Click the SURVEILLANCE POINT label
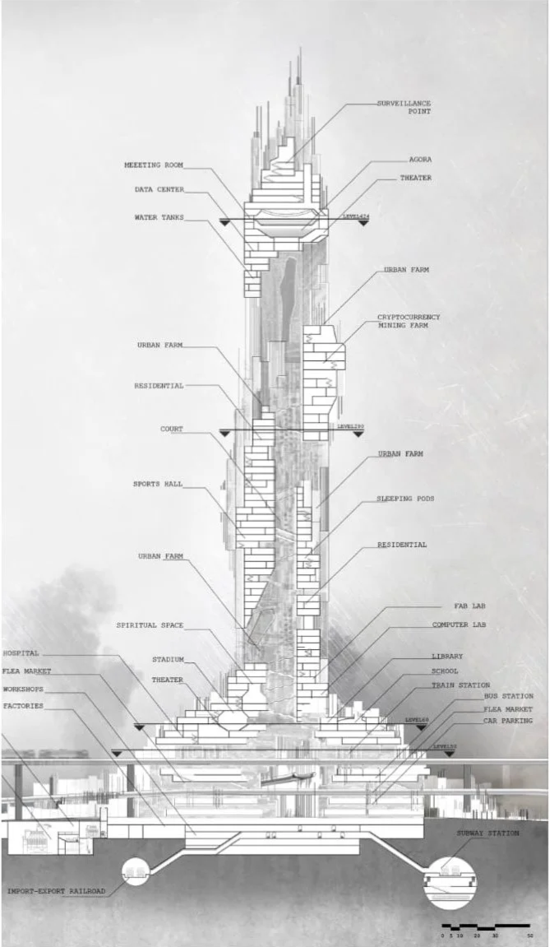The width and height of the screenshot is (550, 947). point(404,108)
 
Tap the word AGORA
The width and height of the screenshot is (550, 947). point(421,160)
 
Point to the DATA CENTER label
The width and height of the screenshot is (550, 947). point(159,190)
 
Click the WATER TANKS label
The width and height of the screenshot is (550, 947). point(159,218)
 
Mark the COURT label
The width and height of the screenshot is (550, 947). point(171,429)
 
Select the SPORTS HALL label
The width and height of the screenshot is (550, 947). point(159,484)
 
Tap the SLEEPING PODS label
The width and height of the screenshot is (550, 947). point(405,499)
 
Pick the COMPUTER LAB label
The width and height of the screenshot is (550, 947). point(460,625)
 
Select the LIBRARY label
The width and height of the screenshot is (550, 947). point(447,657)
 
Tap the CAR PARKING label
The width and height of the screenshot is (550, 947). point(509,721)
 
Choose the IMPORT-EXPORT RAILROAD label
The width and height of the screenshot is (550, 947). point(57,891)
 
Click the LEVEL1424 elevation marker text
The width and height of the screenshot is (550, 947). point(355,216)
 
